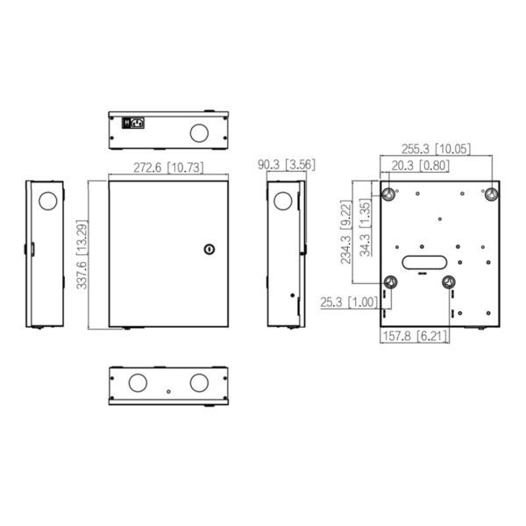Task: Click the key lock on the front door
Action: pos(209,249)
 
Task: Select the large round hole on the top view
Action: pos(199,132)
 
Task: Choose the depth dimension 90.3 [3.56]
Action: pos(287,164)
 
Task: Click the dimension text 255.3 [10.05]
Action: pos(435,149)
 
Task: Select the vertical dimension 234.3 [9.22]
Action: pos(347,231)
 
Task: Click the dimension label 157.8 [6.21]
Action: pos(416,336)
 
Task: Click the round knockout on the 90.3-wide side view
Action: pos(282,201)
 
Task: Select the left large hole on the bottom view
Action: pos(138,383)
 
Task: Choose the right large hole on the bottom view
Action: pos(199,383)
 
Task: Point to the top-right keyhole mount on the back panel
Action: pos(492,194)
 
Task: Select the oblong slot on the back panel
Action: pos(425,260)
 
